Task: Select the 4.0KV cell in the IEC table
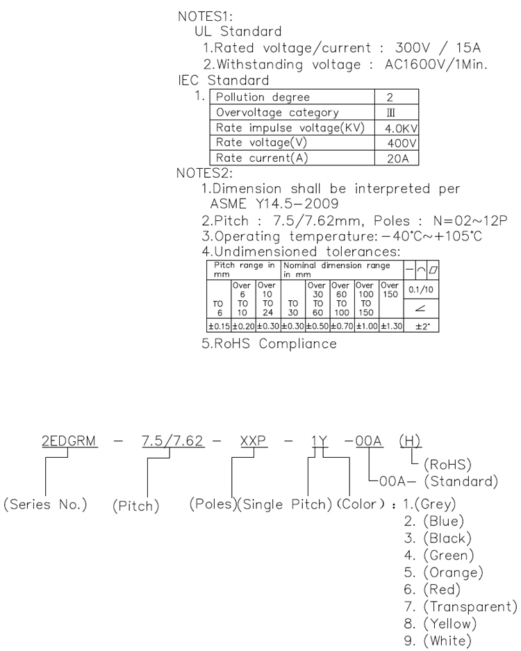[400, 128]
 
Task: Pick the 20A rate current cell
[400, 158]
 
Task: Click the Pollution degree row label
[263, 97]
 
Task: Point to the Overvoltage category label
[278, 113]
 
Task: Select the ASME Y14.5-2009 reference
[274, 204]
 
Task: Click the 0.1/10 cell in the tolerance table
[420, 288]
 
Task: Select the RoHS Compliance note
[270, 344]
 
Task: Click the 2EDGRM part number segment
[67, 441]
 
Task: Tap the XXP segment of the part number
[254, 441]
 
